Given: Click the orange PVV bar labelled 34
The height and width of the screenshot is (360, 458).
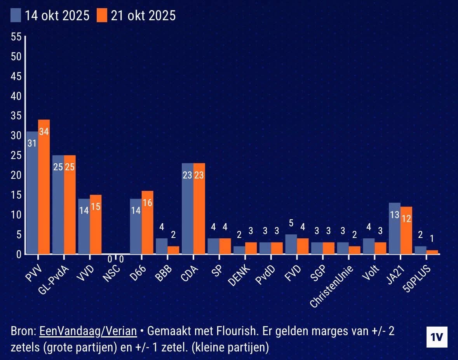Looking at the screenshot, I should pyautogui.click(x=44, y=187).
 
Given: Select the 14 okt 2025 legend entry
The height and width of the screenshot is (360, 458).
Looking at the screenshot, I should pyautogui.click(x=51, y=16).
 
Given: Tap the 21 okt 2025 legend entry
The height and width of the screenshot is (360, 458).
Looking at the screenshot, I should pyautogui.click(x=136, y=16).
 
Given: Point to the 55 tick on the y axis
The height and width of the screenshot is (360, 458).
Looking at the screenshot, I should pyautogui.click(x=16, y=37).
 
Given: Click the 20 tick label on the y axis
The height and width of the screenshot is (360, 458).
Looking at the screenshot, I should pyautogui.click(x=16, y=175).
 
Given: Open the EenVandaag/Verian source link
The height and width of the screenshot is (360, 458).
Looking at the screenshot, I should pyautogui.click(x=88, y=331).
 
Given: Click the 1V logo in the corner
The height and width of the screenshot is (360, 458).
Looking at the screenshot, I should pyautogui.click(x=437, y=337).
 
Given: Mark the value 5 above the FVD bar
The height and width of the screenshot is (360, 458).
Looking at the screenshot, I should pyautogui.click(x=291, y=224).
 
